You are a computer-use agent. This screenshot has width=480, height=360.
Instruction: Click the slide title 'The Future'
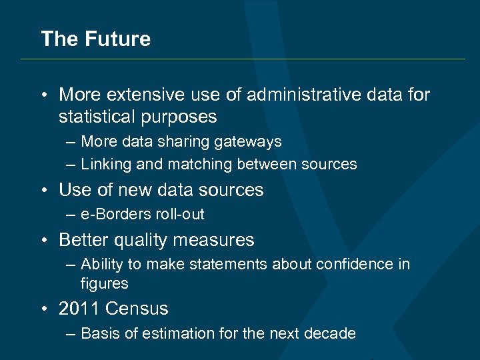tap(95, 39)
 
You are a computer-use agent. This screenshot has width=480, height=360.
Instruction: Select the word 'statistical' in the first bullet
tap(95, 117)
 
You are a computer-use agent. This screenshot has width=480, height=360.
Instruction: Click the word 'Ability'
tap(102, 265)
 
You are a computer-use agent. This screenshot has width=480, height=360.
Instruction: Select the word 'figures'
tap(104, 283)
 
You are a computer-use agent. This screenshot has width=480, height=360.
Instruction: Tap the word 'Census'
tap(137, 309)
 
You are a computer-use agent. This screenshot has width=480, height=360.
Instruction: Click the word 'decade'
tap(331, 333)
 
